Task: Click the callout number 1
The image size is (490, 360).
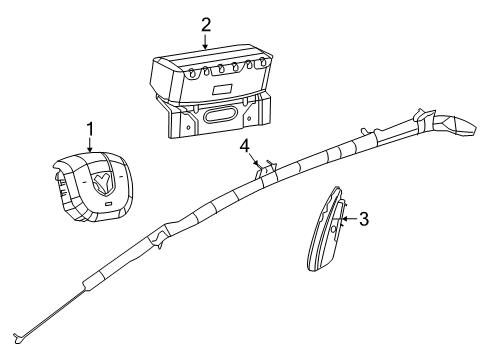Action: [x=90, y=128]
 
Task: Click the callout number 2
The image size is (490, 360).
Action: [x=206, y=24]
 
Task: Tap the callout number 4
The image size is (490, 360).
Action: [x=243, y=146]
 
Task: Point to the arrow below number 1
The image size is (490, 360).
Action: [x=90, y=146]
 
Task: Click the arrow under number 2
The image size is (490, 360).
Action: [x=206, y=41]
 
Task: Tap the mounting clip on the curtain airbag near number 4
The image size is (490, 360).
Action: [x=261, y=166]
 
